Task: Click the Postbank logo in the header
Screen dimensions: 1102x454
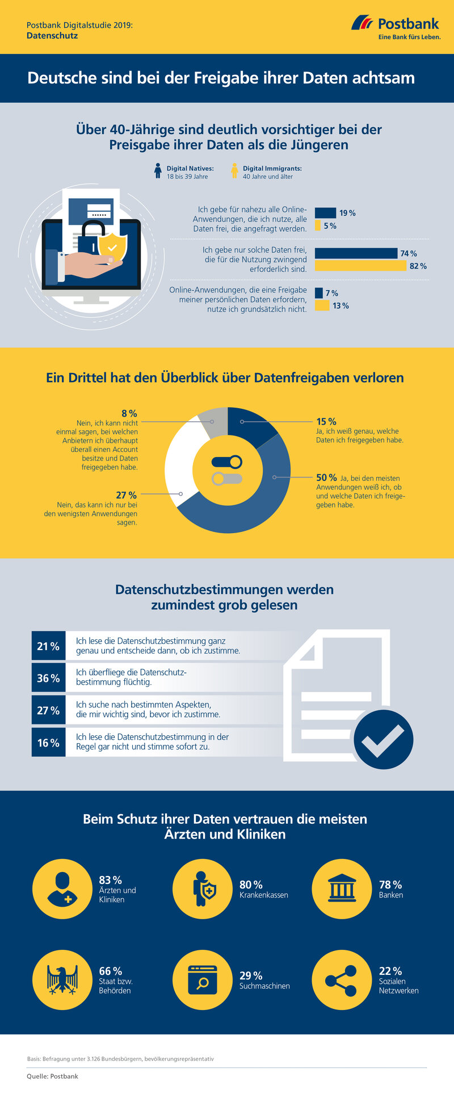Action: point(396,27)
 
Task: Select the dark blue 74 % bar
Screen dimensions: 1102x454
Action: point(356,253)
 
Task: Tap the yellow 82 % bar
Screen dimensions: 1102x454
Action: point(360,266)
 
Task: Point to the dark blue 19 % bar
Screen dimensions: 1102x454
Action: point(325,213)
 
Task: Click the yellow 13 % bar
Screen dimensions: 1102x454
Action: point(322,305)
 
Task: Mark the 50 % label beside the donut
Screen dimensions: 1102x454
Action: point(326,477)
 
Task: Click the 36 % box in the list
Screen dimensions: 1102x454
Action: point(48,678)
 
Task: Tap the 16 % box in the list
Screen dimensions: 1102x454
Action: point(48,743)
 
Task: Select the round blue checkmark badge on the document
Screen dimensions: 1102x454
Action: point(383,739)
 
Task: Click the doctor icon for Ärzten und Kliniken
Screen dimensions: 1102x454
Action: point(62,890)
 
